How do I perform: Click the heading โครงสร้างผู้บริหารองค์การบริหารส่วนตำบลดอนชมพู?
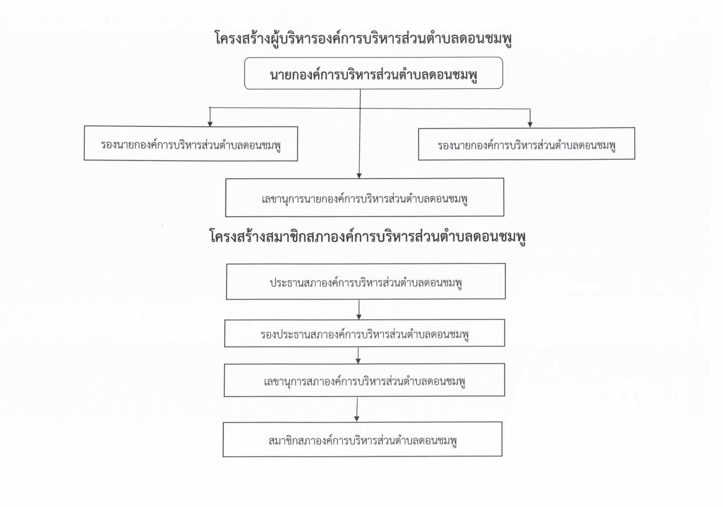(x=363, y=38)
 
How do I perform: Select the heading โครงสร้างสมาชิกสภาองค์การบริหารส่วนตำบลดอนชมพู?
(x=368, y=236)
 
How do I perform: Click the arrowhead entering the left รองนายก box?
(x=210, y=124)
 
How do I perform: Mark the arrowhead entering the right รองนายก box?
(x=530, y=125)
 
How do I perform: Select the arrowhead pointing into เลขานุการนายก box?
(x=359, y=175)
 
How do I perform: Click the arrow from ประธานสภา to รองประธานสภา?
(x=358, y=310)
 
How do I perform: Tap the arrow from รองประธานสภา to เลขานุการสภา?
(x=358, y=356)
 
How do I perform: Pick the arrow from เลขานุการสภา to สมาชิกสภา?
(x=357, y=410)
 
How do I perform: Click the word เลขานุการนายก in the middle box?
(x=292, y=199)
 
